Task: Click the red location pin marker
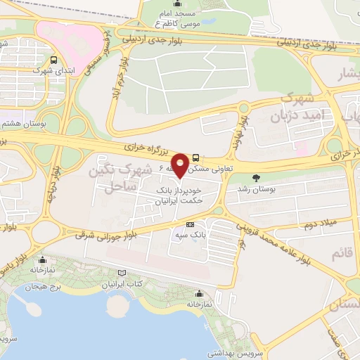181,165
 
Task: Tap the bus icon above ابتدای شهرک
55,60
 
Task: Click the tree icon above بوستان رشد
256,178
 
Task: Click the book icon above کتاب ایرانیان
124,273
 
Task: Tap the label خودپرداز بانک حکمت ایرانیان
179,195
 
